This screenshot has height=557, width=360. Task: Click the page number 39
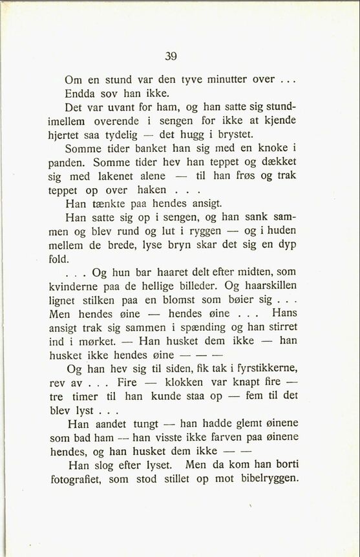(x=171, y=56)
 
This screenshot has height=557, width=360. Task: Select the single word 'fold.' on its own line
(x=59, y=258)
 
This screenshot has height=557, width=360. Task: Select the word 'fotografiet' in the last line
(x=75, y=479)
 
